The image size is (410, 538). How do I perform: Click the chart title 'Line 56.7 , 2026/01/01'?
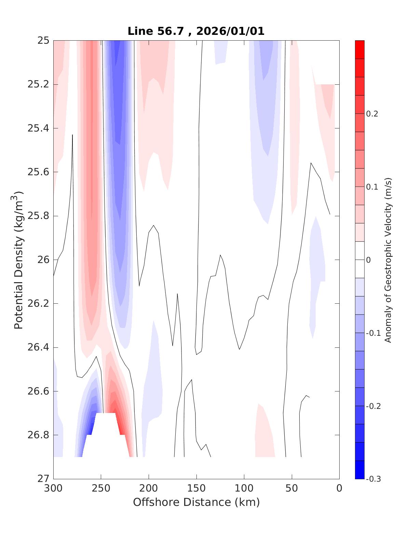[x=196, y=31]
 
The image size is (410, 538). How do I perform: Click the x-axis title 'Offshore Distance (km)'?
[x=196, y=502]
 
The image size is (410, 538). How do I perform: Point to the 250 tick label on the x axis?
[x=101, y=488]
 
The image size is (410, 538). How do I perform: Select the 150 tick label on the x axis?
[x=196, y=488]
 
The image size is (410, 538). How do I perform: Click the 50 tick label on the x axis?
[x=291, y=488]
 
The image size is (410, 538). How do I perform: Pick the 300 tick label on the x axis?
[x=54, y=488]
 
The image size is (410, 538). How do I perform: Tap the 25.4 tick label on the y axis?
[x=38, y=128]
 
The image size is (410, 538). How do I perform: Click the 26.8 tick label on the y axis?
[x=38, y=435]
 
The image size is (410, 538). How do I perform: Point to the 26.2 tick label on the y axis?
[x=38, y=304]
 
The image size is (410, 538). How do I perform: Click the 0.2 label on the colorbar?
[x=372, y=114]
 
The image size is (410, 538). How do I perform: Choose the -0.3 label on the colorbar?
[x=373, y=479]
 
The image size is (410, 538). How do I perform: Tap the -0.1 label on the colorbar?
[x=373, y=333]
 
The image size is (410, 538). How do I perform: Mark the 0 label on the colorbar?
[x=368, y=260]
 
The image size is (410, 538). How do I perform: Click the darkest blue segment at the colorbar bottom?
[x=360, y=470]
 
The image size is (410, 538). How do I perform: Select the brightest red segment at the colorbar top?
[x=360, y=50]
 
